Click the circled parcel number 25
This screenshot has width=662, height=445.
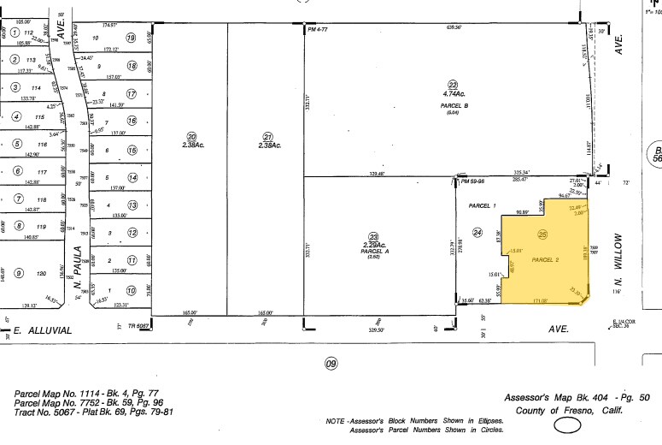click(541, 234)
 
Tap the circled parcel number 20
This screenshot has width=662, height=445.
click(192, 136)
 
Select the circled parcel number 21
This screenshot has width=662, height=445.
click(267, 136)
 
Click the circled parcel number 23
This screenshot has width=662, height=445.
click(372, 237)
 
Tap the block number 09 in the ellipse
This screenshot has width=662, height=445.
click(330, 364)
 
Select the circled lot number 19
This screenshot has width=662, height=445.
click(131, 38)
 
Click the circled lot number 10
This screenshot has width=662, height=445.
click(131, 291)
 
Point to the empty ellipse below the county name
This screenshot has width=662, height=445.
click(568, 425)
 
